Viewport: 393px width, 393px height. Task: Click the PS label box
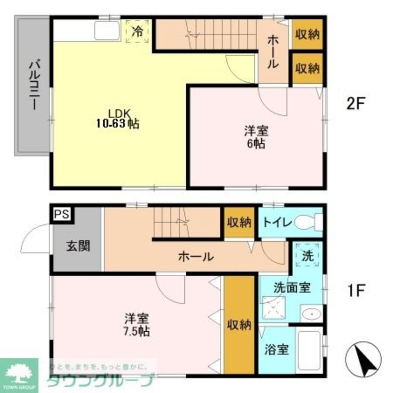(61, 214)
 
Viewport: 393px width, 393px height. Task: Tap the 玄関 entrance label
(78, 246)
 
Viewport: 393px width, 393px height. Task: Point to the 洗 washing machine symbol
(308, 256)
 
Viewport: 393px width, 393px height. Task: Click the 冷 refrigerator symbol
(137, 32)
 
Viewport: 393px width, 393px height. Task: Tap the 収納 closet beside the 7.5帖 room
(239, 325)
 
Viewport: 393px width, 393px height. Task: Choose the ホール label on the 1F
(196, 257)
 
